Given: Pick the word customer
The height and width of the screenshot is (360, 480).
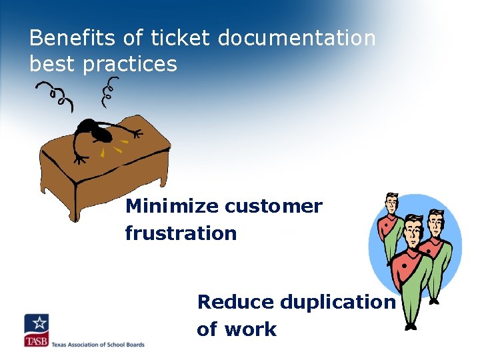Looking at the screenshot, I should click(273, 207).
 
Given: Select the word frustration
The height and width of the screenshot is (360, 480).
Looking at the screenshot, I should click(181, 233).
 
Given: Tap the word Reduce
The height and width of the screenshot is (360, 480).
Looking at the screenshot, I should click(235, 302).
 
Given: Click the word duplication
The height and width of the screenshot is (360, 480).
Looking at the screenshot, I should click(337, 302).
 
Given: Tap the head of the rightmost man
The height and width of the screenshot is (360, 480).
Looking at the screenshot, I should click(437, 221).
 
